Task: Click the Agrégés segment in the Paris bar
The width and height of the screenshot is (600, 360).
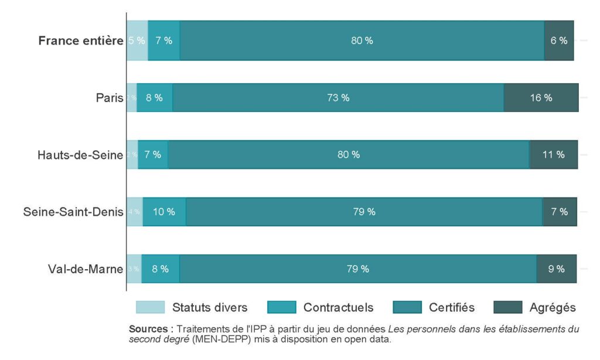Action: (541, 98)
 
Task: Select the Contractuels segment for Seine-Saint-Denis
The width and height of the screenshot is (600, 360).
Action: (164, 212)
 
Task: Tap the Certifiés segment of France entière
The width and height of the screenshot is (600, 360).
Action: (362, 40)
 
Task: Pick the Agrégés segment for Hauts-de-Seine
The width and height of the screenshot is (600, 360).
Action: (553, 155)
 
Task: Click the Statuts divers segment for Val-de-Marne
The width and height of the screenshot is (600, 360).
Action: (134, 269)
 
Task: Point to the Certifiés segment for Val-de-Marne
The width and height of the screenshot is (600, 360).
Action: (357, 269)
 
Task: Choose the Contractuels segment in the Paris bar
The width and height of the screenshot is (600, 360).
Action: (154, 98)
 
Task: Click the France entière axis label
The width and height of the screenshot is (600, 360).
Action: (81, 41)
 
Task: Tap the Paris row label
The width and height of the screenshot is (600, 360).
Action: (110, 98)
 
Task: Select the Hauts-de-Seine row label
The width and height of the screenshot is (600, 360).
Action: (80, 155)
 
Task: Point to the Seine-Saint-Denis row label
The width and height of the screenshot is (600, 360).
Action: (73, 212)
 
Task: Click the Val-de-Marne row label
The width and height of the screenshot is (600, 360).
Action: (86, 269)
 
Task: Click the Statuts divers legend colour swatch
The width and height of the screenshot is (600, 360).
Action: (151, 307)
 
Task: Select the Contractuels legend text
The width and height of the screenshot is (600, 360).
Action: (338, 307)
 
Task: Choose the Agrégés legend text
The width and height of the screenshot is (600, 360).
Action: (553, 307)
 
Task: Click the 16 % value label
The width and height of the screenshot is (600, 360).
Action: (541, 98)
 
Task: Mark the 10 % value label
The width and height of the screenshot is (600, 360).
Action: (164, 212)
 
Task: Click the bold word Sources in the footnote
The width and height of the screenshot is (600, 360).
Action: (148, 329)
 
